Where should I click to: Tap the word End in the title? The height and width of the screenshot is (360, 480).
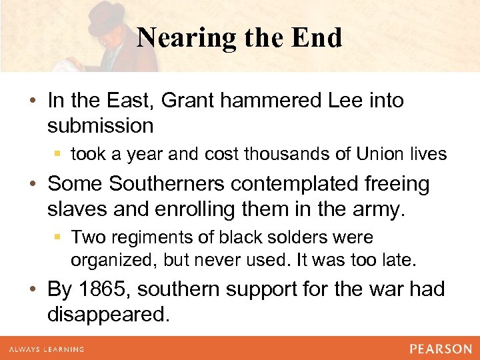pyautogui.click(x=317, y=38)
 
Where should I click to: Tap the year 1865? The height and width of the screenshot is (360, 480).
pyautogui.click(x=99, y=289)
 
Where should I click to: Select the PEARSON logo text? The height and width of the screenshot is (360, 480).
pyautogui.click(x=440, y=349)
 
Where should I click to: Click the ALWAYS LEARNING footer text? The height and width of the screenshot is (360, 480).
pyautogui.click(x=46, y=349)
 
